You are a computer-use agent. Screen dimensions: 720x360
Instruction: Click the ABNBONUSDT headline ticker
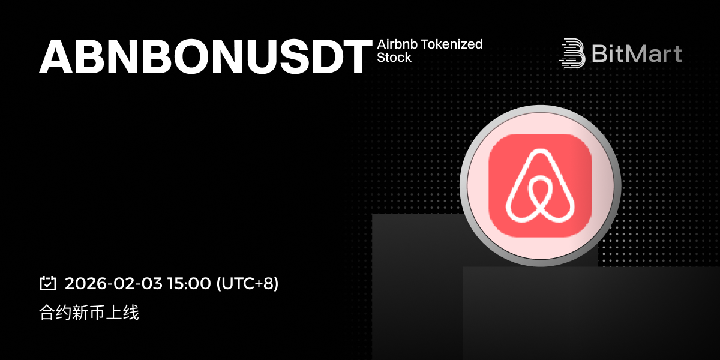206,56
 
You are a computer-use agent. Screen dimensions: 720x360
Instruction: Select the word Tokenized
452,44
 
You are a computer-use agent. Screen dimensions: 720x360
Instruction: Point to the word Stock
394,58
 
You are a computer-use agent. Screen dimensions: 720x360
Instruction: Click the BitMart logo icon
572,53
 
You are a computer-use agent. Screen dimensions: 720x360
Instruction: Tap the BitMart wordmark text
637,53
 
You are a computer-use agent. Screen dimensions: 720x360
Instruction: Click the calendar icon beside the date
48,283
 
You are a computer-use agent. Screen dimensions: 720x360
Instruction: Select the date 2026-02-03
113,283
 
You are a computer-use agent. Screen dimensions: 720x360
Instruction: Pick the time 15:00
189,283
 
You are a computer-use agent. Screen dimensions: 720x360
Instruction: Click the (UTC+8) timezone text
247,283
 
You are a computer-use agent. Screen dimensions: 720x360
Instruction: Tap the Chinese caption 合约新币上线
89,313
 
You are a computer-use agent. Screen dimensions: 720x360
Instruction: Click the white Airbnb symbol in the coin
541,185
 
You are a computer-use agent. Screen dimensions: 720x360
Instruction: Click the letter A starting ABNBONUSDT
56,57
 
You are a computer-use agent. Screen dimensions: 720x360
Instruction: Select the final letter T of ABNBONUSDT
358,57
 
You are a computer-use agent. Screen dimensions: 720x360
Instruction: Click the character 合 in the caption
47,313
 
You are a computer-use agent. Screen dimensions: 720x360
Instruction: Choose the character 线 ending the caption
131,313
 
